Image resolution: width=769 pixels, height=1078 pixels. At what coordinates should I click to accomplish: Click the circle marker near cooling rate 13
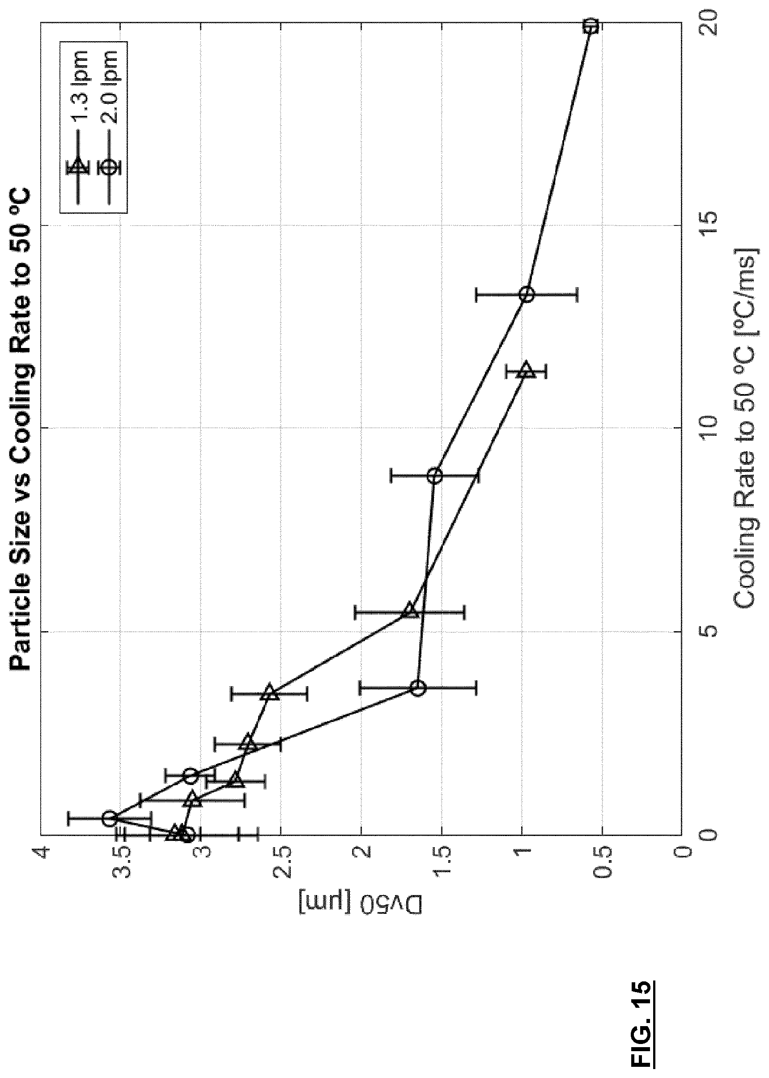527,294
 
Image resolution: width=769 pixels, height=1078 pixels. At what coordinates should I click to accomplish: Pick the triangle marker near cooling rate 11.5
527,369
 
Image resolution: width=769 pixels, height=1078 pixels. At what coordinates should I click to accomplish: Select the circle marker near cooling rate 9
435,475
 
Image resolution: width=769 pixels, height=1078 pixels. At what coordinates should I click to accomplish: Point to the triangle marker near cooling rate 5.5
410,611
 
